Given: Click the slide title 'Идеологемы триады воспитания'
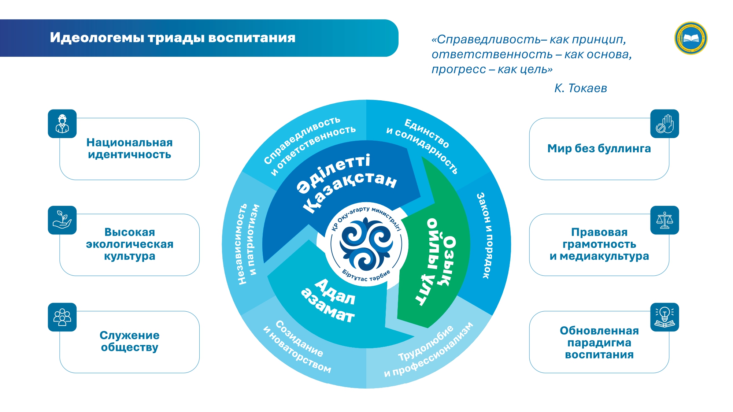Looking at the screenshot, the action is pos(173,38).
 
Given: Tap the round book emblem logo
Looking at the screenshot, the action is pos(691,38).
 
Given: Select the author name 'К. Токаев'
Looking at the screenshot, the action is pos(581,88).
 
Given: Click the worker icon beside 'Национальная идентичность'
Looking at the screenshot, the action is pos(62,124).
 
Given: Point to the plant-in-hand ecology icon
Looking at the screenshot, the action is pos(62,220).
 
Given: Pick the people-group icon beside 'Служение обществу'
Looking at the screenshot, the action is pos(62,317).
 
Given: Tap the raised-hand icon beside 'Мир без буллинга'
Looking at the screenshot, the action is pos(664,124).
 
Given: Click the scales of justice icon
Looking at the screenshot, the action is pos(664,220).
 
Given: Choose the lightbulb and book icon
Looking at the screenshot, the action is pos(664,317).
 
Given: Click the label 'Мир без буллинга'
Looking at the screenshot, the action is pos(599,148).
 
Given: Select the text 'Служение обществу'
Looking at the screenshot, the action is pos(130,341).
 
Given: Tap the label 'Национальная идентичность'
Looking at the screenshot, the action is pos(130,148).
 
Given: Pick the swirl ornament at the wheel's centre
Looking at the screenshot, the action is pos(366,244).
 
